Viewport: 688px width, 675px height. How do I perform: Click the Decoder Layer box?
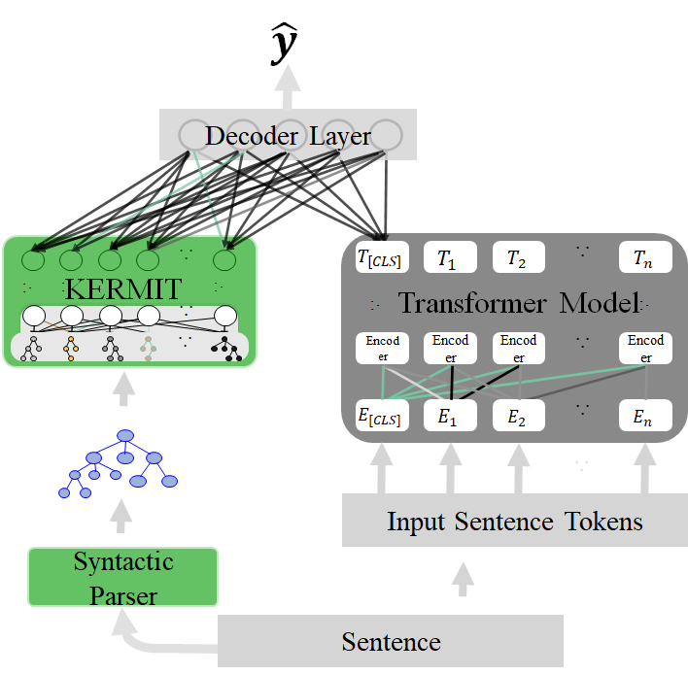[x=288, y=134]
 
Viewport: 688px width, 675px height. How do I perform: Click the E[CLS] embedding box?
[x=379, y=417]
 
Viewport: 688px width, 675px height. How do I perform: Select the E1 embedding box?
[x=448, y=417]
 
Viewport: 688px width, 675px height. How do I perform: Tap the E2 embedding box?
[x=518, y=417]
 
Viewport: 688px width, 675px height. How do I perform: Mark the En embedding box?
[x=645, y=417]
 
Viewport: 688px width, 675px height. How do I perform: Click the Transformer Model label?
[x=517, y=303]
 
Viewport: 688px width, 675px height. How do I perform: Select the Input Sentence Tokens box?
[x=515, y=521]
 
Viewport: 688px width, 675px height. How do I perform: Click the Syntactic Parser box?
[x=123, y=577]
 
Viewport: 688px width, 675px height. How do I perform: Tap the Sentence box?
[x=391, y=641]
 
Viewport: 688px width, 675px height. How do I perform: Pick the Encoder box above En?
[x=645, y=348]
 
